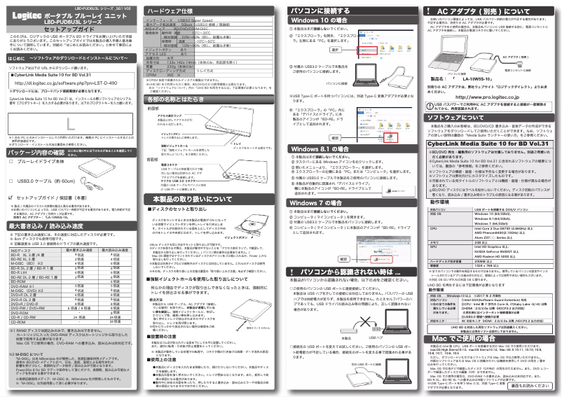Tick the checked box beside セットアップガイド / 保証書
(11, 198)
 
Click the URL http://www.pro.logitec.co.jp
(489, 96)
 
